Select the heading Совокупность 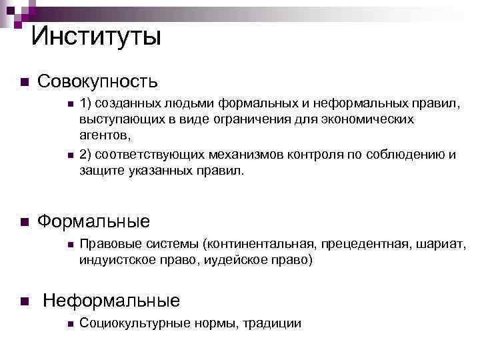[x=97, y=82]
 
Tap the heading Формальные [x=93, y=221]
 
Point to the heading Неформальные [x=111, y=301]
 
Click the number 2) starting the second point [x=85, y=155]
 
